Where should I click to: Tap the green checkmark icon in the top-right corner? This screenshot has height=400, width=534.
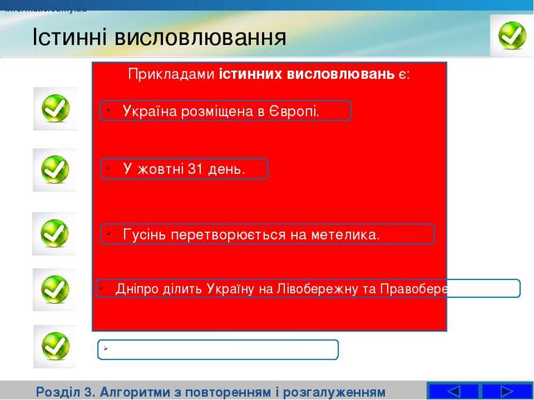(x=512, y=35)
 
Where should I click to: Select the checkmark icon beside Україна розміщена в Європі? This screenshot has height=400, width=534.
(x=55, y=109)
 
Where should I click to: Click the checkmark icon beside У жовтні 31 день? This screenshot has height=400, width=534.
(x=55, y=169)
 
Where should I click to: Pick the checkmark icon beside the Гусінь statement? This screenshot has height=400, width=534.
(x=54, y=234)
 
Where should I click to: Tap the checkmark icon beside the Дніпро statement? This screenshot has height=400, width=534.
(x=55, y=290)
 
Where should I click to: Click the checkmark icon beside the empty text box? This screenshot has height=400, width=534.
(x=55, y=346)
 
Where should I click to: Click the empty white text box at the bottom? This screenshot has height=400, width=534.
(x=218, y=349)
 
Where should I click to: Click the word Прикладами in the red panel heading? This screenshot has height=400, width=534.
(x=171, y=74)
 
